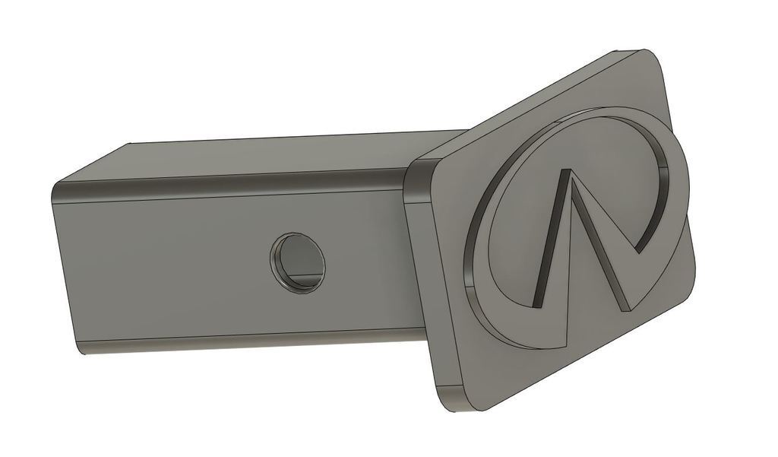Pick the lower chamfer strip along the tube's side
coord(228,340)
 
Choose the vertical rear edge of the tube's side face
coord(65,266)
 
